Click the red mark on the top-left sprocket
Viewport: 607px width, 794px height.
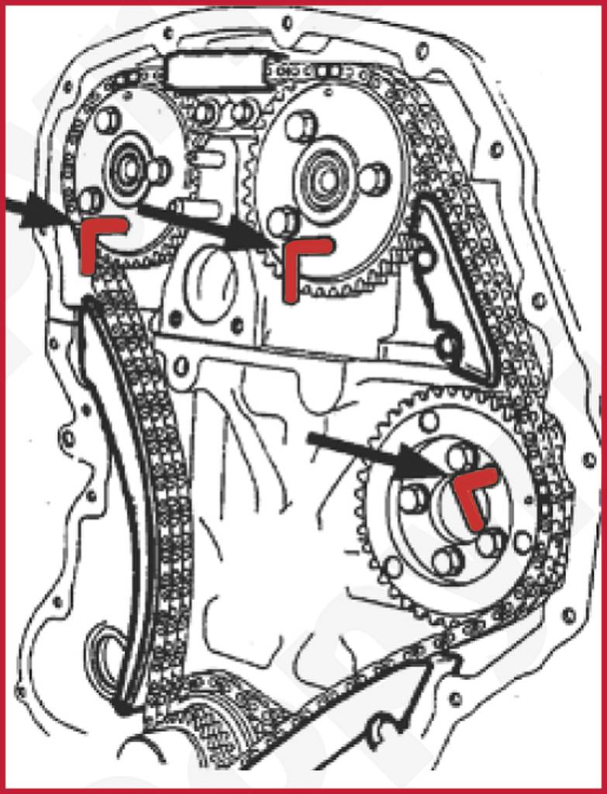(x=96, y=236)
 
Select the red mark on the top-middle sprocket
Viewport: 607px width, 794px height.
(x=298, y=260)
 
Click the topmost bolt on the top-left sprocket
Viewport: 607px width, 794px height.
(x=108, y=119)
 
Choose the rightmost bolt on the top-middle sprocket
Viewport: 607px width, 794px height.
(x=373, y=178)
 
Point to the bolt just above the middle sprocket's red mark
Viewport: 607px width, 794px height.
(x=281, y=222)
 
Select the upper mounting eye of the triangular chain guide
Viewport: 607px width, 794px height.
(x=425, y=260)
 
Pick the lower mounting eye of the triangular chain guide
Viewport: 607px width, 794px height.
(x=448, y=346)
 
